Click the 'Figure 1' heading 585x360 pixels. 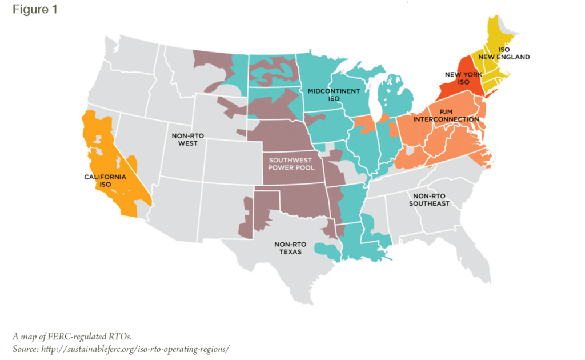tap(35, 10)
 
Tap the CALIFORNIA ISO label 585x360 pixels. tap(105, 181)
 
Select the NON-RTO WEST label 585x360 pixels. tap(188, 139)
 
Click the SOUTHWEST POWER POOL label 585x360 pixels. tap(291, 165)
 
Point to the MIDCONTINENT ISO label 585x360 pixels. tap(334, 95)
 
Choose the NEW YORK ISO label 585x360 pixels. tap(464, 78)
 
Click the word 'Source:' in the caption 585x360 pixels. tap(26, 349)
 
